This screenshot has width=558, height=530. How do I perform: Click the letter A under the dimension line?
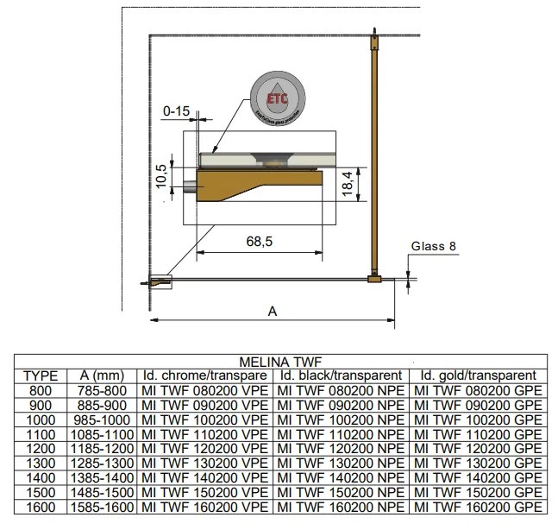tap(273, 311)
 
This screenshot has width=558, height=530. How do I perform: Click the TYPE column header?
tap(41, 375)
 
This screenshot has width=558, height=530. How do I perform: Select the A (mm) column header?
tap(101, 375)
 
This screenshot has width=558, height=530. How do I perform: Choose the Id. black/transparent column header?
tap(340, 375)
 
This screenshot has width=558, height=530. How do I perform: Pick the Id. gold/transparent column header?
tap(478, 375)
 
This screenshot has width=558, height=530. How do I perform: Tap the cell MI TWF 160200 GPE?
tap(478, 507)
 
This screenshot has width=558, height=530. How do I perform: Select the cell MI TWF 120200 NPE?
tap(340, 448)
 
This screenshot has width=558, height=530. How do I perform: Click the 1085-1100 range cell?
tap(101, 433)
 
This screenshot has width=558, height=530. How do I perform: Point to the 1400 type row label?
tap(41, 477)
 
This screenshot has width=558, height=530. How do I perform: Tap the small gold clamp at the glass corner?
tap(373, 279)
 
